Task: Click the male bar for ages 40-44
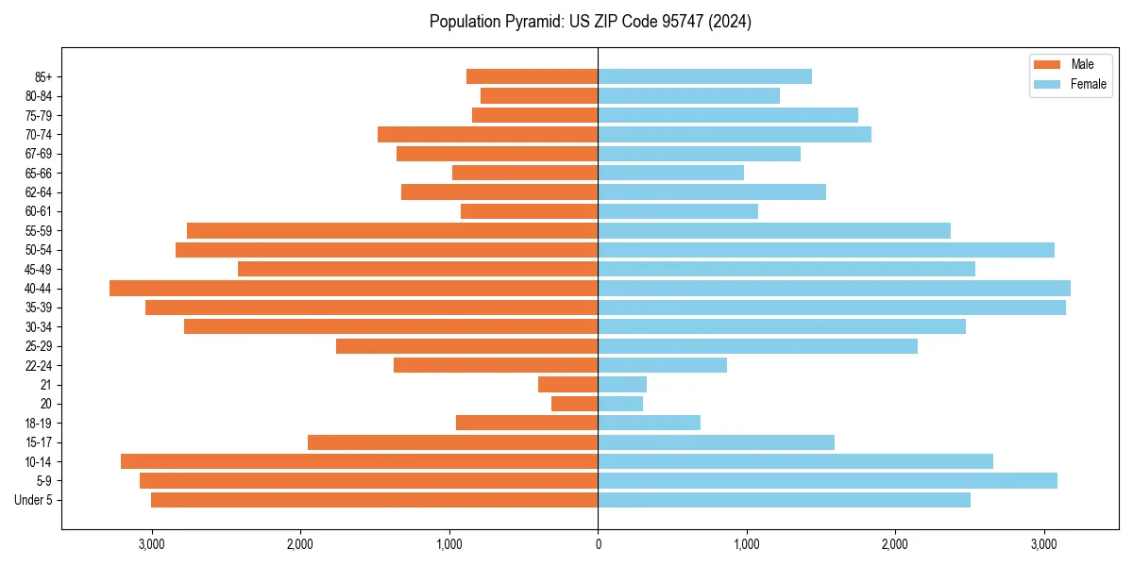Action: [x=353, y=289]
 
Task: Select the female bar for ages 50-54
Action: [x=826, y=250]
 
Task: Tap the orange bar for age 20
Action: [x=574, y=404]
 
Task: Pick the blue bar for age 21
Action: [x=622, y=385]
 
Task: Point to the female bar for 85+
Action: [x=704, y=76]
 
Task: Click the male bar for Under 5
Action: [x=374, y=500]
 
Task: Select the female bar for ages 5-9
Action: [x=827, y=481]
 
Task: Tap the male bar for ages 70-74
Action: [x=487, y=135]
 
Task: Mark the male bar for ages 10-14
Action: [x=359, y=461]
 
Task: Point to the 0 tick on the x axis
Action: [x=598, y=544]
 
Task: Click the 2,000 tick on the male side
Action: [x=300, y=544]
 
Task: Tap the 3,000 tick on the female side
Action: [x=1043, y=544]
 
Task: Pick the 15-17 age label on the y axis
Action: [x=39, y=442]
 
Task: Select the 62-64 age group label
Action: [x=39, y=192]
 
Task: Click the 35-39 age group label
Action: [x=39, y=308]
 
